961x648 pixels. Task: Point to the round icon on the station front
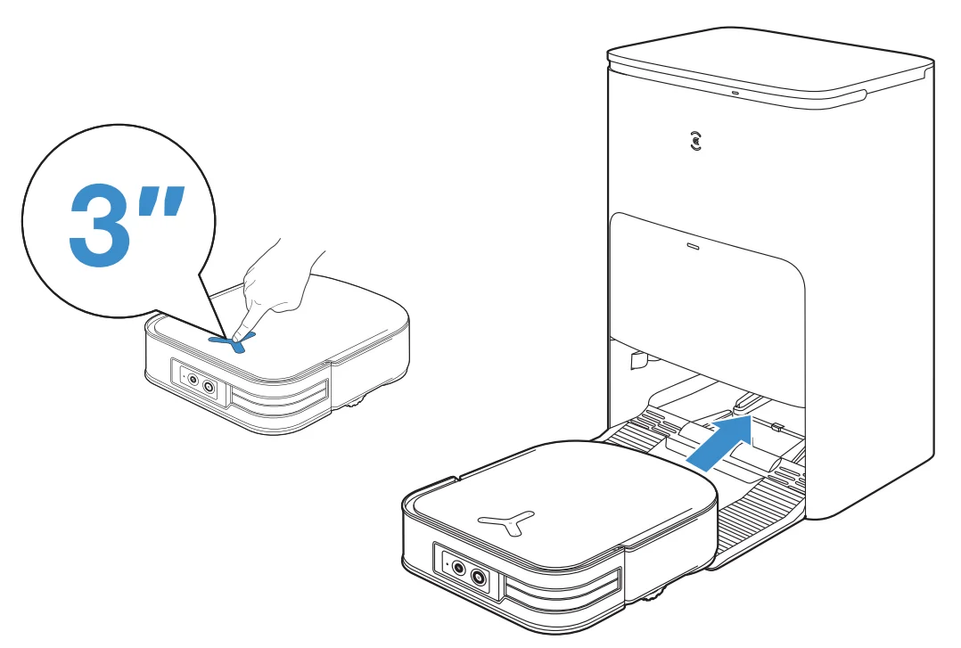tap(696, 141)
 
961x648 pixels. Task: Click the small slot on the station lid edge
tap(735, 92)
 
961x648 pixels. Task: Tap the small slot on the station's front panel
tap(694, 242)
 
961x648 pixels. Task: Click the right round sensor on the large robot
tap(481, 578)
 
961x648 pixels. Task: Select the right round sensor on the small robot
tap(209, 387)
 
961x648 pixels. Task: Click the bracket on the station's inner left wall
tap(639, 362)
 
